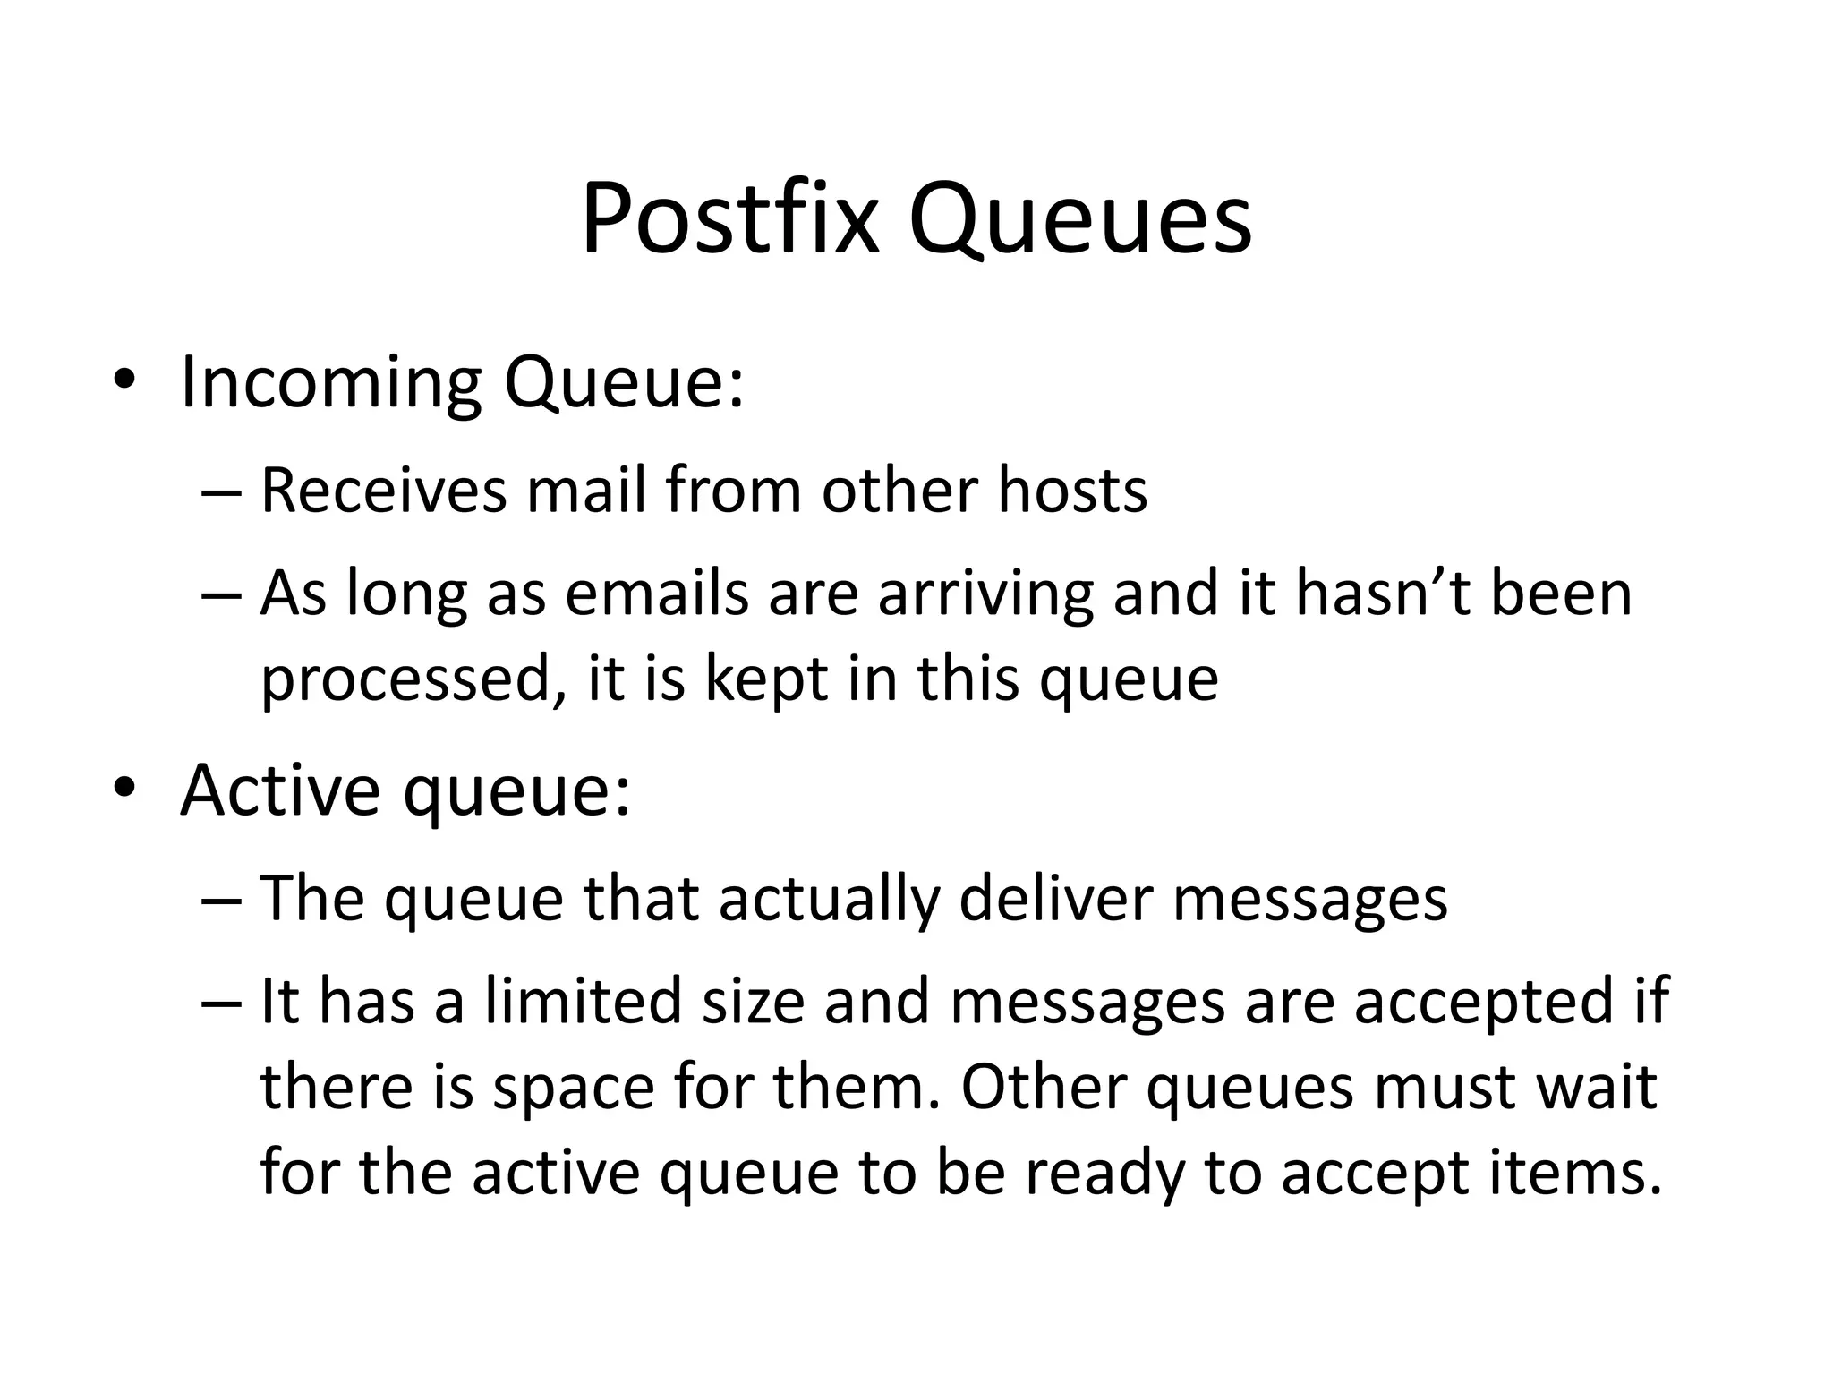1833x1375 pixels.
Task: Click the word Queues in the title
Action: pyautogui.click(x=1079, y=219)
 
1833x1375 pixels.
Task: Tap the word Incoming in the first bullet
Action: pyautogui.click(x=330, y=383)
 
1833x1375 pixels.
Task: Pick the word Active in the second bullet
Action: pyautogui.click(x=279, y=790)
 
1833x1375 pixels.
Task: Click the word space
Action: pyautogui.click(x=574, y=1089)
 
